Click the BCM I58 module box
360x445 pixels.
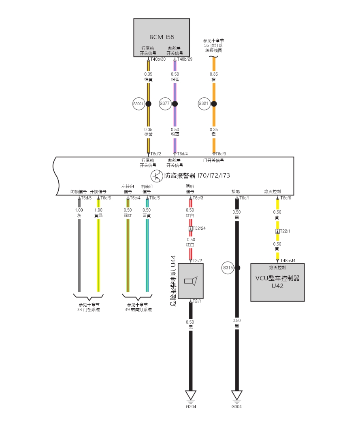click(162, 37)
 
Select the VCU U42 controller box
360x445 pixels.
click(277, 282)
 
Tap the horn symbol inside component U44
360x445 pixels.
click(191, 281)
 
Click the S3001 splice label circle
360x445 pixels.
click(138, 104)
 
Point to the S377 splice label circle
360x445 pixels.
click(165, 104)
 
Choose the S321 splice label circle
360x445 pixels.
click(204, 104)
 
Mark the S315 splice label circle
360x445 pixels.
click(228, 268)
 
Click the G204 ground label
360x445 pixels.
click(191, 407)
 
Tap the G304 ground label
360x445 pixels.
click(237, 407)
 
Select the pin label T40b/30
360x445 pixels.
click(158, 59)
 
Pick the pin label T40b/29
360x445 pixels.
click(185, 59)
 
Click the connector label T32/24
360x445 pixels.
click(199, 229)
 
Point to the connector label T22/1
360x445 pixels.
click(285, 231)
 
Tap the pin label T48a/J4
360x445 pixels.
click(288, 261)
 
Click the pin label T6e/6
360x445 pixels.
click(285, 198)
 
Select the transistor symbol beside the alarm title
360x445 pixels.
click(156, 176)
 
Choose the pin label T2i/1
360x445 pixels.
click(197, 301)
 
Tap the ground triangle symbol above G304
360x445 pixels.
click(237, 395)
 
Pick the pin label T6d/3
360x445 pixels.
click(221, 154)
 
